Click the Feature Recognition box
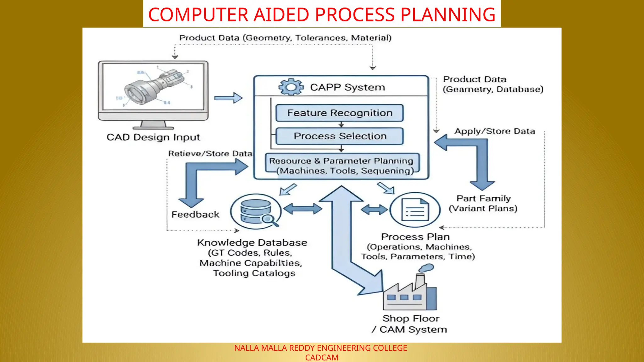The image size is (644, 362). tap(339, 113)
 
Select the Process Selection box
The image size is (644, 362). tap(339, 136)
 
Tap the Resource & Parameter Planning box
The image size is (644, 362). tap(342, 165)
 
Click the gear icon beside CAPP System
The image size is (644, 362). tap(291, 87)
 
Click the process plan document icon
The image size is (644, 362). tap(415, 210)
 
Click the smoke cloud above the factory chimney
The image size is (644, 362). tap(426, 268)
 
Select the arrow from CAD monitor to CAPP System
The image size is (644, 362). tap(228, 98)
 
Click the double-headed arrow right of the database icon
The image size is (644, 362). tap(303, 209)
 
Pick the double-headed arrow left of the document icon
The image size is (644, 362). tap(374, 210)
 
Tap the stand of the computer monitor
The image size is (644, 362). tap(153, 125)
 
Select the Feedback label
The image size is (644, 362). tap(195, 214)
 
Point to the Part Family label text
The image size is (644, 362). tap(483, 199)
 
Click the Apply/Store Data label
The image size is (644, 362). tap(495, 131)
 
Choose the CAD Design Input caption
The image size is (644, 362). tap(153, 137)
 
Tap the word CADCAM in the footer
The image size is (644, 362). tap(322, 358)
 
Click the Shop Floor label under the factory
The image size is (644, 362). tap(411, 319)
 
